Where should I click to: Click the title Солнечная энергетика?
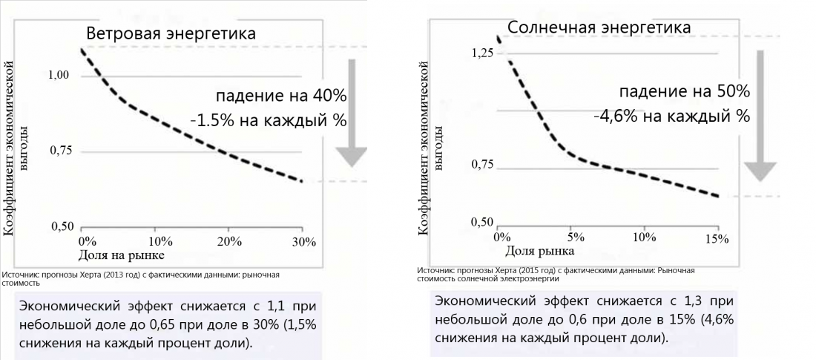[x=599, y=27]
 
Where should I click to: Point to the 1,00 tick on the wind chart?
[x=59, y=76]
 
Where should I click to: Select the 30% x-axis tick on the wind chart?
[x=304, y=242]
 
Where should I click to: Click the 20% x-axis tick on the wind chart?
[x=229, y=242]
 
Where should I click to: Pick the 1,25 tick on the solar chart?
[x=483, y=53]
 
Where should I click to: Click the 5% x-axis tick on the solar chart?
[x=575, y=238]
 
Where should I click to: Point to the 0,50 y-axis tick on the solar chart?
[x=483, y=223]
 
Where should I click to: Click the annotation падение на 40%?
[x=281, y=96]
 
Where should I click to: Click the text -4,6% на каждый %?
[x=671, y=116]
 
